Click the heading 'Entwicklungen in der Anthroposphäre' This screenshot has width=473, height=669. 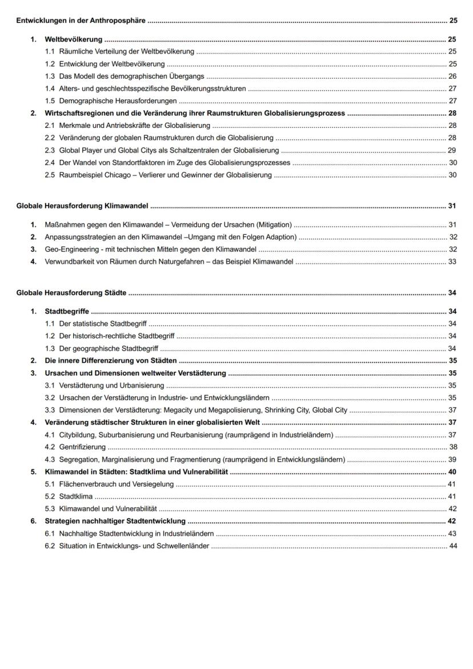click(x=81, y=21)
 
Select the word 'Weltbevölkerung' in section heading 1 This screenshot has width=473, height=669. click(x=74, y=40)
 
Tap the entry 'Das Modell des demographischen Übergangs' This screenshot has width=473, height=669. click(x=131, y=76)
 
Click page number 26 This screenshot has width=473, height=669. click(x=452, y=76)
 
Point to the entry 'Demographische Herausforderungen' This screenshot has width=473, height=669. click(x=118, y=101)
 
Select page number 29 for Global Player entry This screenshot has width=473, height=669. click(x=452, y=150)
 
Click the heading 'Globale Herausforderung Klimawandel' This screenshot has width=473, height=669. click(x=82, y=206)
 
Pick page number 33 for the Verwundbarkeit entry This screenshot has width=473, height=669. click(x=452, y=262)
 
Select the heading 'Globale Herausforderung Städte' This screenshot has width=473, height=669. click(x=71, y=293)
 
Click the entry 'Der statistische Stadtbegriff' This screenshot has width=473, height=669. click(x=103, y=324)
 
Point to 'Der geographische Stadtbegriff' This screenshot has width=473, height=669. click(x=109, y=348)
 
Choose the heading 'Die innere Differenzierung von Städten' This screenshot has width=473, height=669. click(x=111, y=361)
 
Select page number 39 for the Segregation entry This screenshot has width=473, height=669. click(x=452, y=459)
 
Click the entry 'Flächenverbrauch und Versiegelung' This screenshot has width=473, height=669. click(x=117, y=484)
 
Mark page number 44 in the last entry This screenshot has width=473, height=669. click(x=453, y=546)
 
